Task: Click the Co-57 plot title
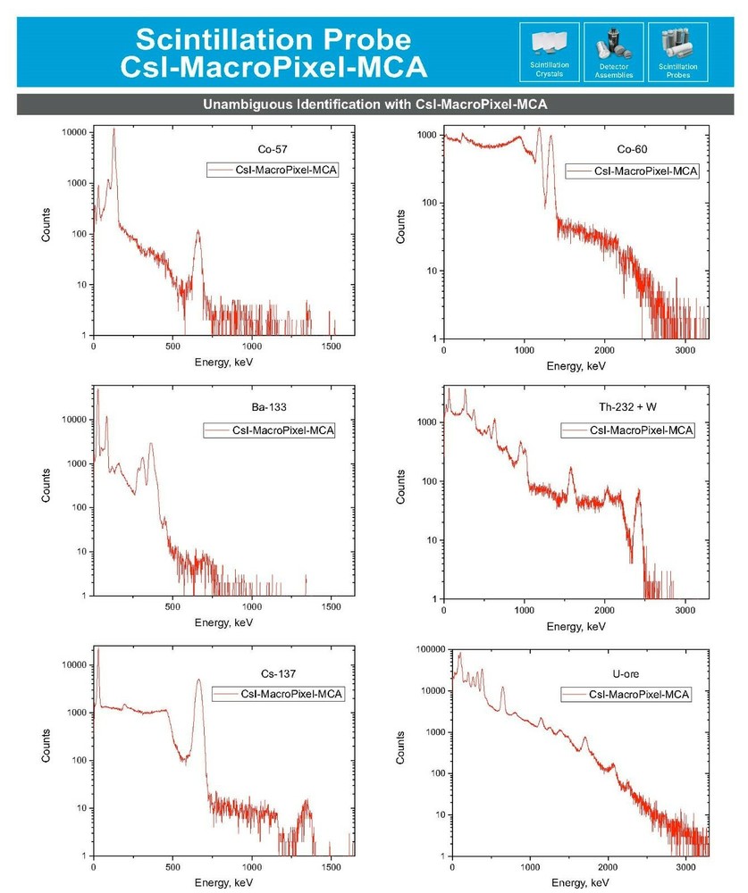[x=260, y=150]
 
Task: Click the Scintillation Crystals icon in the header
[x=549, y=46]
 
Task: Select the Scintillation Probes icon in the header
[x=677, y=46]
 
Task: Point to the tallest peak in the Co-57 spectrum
[x=113, y=130]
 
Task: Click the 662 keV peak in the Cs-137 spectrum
[x=198, y=680]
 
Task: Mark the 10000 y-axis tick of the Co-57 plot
[x=74, y=132]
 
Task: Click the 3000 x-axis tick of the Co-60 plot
[x=685, y=352]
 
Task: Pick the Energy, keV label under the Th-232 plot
[x=576, y=628]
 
